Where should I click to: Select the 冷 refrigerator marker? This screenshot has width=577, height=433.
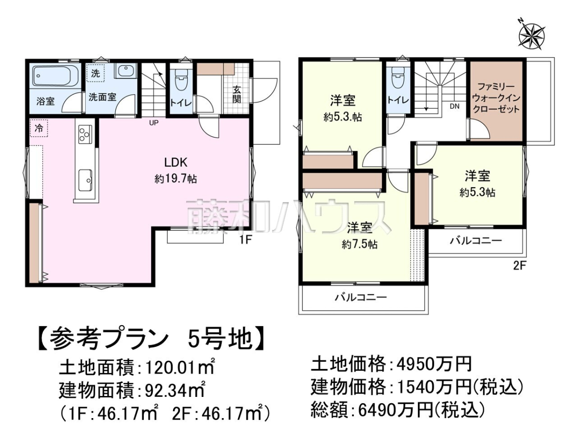tap(39, 128)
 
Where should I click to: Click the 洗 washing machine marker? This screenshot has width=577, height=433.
tap(95, 73)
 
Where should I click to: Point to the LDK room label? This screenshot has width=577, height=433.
tap(176, 163)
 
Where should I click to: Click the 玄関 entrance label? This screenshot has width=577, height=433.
tap(237, 95)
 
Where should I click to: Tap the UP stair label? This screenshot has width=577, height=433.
tap(154, 123)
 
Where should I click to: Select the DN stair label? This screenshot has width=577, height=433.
tap(454, 106)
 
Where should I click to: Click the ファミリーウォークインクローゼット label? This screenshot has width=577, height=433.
tap(497, 98)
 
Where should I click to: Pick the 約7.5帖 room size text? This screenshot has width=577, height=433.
tap(360, 244)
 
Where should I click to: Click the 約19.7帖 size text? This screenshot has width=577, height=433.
tap(176, 179)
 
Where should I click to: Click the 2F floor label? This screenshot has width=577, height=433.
tap(519, 266)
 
